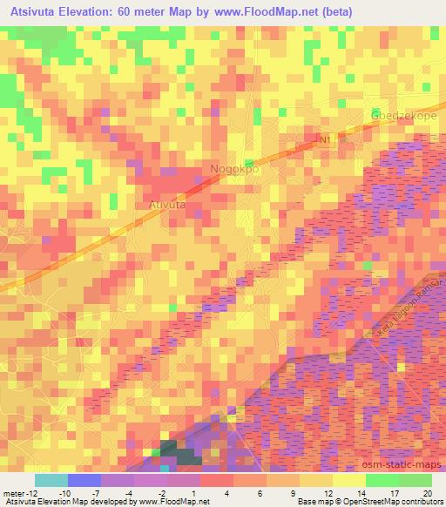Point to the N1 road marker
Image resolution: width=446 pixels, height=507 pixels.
tap(326, 139)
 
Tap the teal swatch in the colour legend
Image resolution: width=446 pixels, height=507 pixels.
tap(51, 479)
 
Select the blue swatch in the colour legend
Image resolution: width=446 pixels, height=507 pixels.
tap(84, 479)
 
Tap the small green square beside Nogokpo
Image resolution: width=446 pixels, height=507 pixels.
tap(249, 163)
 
